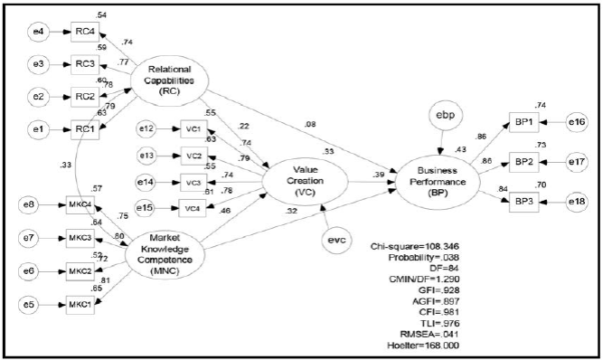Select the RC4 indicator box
(x=85, y=30)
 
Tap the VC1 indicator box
(x=192, y=129)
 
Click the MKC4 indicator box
(x=81, y=206)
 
